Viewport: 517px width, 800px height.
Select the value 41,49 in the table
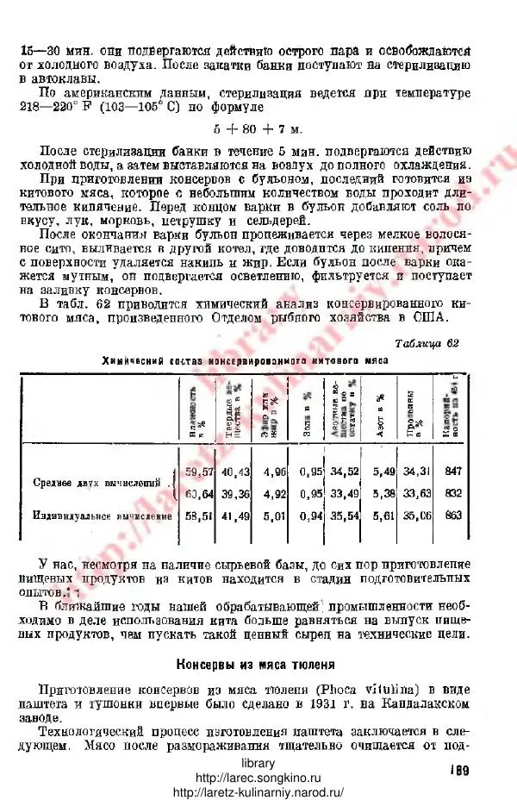coord(235,516)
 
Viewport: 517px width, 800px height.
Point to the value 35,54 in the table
coord(345,516)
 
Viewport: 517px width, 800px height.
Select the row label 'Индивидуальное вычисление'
coord(93,516)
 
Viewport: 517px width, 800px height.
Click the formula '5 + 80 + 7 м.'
coord(259,129)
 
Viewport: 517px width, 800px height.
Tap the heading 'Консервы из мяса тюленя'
coord(254,665)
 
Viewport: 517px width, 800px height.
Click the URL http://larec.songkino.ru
coord(258,778)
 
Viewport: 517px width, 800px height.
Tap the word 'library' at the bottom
coord(258,764)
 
